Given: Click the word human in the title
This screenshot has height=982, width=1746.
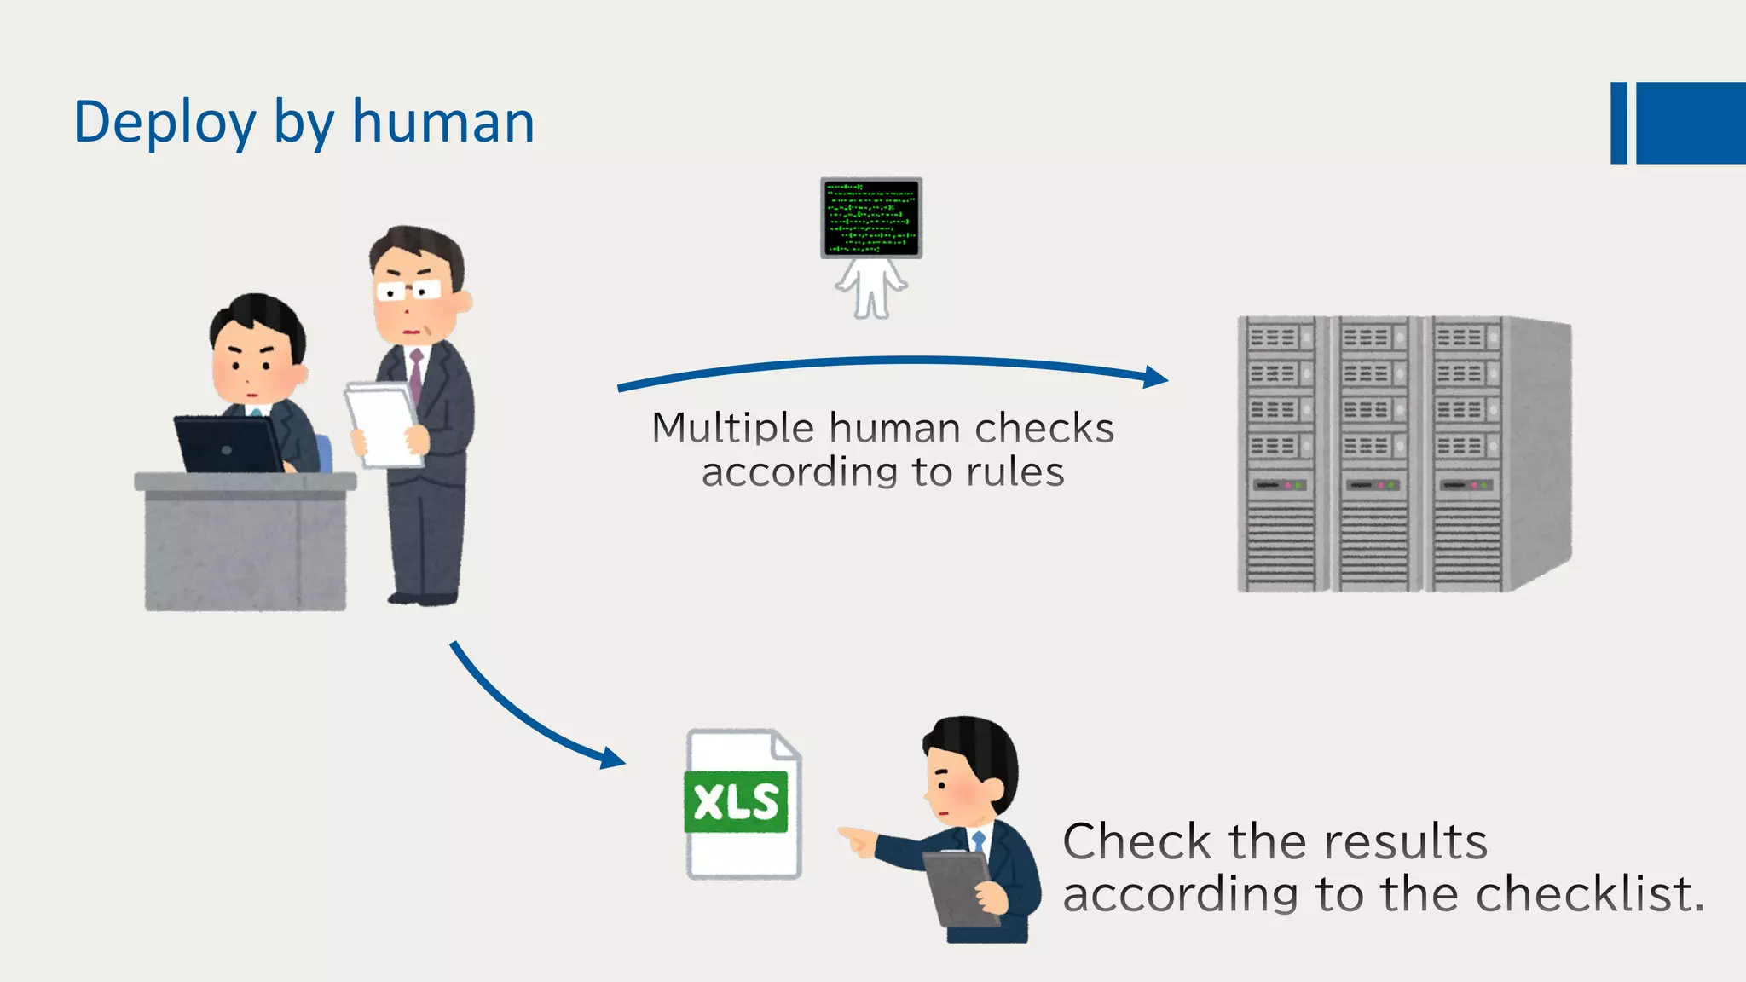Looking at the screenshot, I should point(443,122).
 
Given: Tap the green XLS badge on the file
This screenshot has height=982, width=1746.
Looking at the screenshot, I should point(736,802).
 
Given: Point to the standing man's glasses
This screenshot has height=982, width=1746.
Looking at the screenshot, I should point(408,292).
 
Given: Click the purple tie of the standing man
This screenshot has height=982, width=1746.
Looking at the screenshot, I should point(416,375).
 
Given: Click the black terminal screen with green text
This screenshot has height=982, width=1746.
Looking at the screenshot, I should point(870,217).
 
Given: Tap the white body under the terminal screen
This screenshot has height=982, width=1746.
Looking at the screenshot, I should point(870,288).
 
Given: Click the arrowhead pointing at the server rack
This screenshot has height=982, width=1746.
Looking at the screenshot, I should point(1156,377).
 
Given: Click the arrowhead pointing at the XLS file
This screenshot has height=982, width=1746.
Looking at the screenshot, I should point(613,758).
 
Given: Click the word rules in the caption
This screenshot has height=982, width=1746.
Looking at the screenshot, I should point(1015,472).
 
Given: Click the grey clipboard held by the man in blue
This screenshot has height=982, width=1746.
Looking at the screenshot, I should point(962,889).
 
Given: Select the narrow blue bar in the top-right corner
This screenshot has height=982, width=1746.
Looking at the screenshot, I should point(1618,123).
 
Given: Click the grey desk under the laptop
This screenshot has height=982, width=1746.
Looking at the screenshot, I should point(245,546).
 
